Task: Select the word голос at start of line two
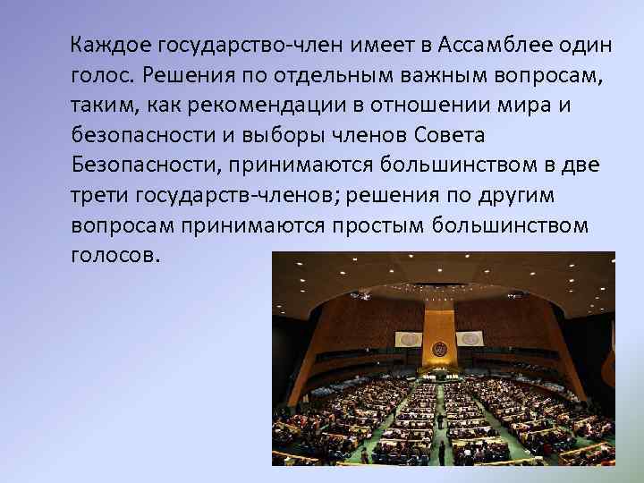click(99, 74)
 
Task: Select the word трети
click(96, 196)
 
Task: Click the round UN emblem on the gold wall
click(439, 348)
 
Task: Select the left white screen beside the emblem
click(409, 340)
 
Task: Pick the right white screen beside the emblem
click(470, 339)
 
